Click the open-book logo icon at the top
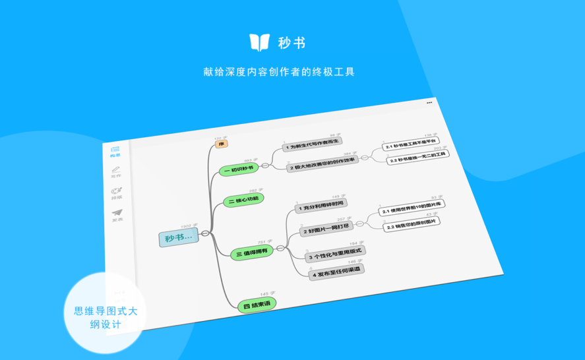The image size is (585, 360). pos(259,42)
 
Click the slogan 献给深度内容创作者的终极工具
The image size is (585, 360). pos(280,72)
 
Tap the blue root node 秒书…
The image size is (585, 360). pos(178,238)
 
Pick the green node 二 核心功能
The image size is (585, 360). pos(243,200)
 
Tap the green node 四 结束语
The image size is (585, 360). pos(258,305)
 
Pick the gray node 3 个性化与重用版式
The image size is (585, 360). pos(336,254)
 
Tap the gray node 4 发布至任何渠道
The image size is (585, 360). pos(336,270)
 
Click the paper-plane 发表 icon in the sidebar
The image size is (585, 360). pos(117,216)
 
